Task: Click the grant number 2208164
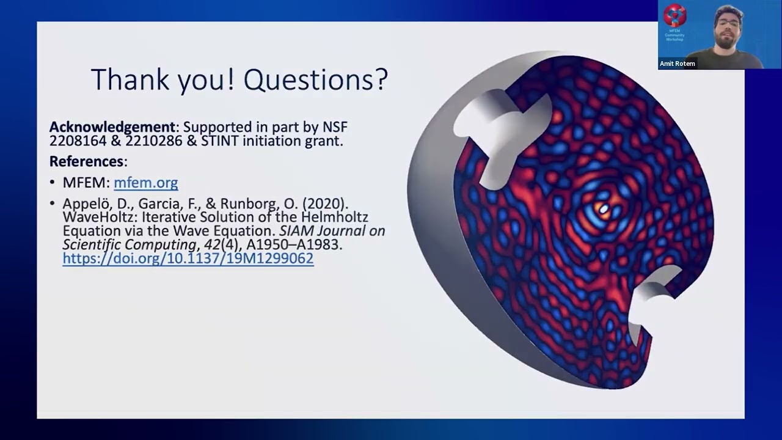pyautogui.click(x=78, y=141)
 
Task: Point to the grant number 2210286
pyautogui.click(x=153, y=141)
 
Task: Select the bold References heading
pyautogui.click(x=86, y=161)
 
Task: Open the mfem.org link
pyautogui.click(x=146, y=183)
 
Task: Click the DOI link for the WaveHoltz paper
pyautogui.click(x=188, y=258)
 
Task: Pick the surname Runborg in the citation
pyautogui.click(x=247, y=204)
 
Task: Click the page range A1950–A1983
pyautogui.click(x=294, y=244)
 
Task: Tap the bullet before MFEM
pyautogui.click(x=53, y=182)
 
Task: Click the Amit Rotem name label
pyautogui.click(x=678, y=64)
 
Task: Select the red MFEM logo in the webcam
pyautogui.click(x=674, y=16)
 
